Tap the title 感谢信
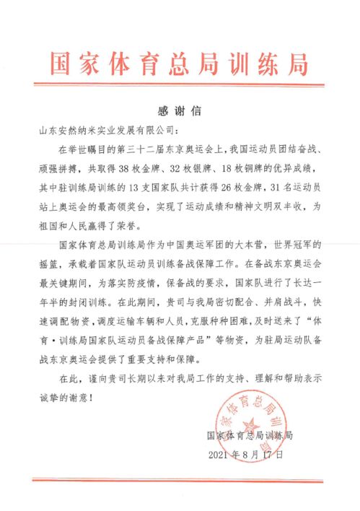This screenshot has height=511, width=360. point(179,112)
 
